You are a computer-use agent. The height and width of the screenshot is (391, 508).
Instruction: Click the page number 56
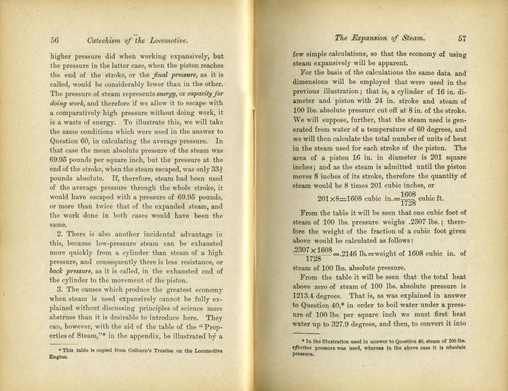tap(55, 40)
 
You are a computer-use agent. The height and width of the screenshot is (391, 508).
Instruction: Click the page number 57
tap(462, 38)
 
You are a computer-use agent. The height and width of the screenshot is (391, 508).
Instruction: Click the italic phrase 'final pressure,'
tap(175, 75)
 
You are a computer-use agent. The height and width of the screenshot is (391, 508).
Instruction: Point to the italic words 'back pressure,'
tap(71, 271)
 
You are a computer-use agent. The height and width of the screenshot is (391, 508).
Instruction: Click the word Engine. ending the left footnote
tap(59, 357)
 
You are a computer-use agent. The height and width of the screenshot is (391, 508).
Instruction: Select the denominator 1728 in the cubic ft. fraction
tap(408, 203)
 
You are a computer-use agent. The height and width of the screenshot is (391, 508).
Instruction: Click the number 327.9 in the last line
tap(346, 324)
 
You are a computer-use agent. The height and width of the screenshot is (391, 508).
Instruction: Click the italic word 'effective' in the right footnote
tap(302, 348)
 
